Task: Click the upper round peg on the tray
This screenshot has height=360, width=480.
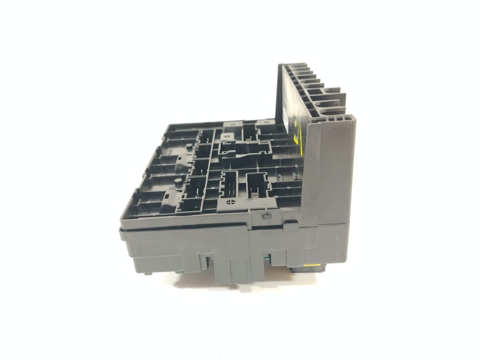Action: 188,146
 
